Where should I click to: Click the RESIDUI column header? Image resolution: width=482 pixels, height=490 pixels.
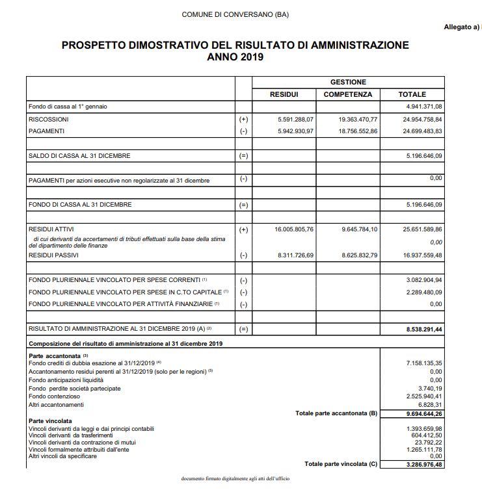284,94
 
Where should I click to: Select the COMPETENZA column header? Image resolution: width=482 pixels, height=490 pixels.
348,94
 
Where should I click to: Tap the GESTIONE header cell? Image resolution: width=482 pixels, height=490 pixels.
348,83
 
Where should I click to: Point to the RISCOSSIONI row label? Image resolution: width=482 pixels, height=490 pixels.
49,120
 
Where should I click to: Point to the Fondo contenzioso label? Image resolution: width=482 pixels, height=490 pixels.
55,396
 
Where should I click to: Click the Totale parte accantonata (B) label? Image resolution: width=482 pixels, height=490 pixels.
336,413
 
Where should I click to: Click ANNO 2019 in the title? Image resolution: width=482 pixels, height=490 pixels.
235,57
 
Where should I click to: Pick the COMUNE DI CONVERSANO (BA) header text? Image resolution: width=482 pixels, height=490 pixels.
235,14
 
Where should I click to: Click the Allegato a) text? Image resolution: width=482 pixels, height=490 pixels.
461,27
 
